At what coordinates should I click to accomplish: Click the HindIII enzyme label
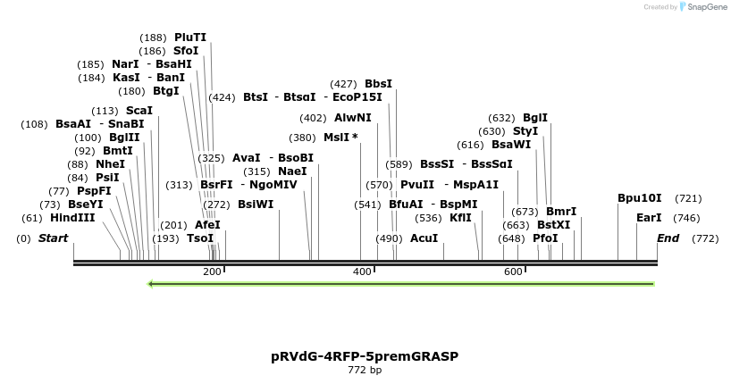coord(72,218)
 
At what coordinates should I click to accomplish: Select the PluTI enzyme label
coord(190,38)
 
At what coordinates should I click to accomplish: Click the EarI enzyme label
coord(649,218)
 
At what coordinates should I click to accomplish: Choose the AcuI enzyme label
coord(424,238)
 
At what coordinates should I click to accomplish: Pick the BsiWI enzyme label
coord(256,204)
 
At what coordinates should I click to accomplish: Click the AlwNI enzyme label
coord(353,118)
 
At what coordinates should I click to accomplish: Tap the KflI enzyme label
coord(460,218)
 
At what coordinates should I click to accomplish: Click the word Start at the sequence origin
coord(54,238)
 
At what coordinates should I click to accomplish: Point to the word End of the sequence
coord(668,238)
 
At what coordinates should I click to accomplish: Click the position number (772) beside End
coord(705,238)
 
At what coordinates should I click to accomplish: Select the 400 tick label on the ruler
coord(363,271)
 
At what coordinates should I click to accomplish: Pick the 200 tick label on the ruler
coord(212,271)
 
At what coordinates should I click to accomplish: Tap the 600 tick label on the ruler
coord(513,271)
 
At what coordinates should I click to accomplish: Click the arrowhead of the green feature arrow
coord(151,284)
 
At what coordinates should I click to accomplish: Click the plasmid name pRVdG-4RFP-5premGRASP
coord(365,356)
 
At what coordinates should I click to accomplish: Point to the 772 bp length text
coord(365,371)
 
